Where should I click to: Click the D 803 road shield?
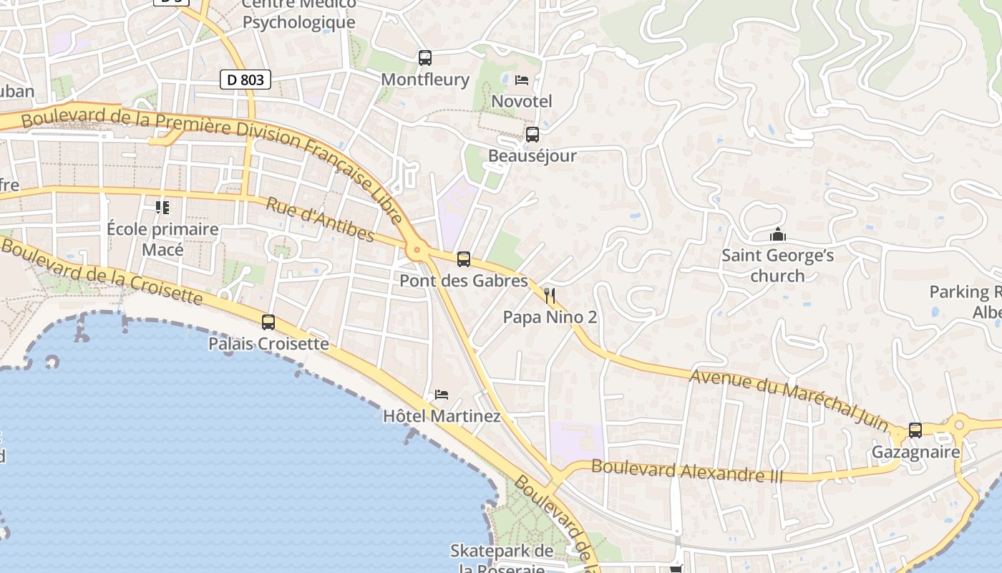[245, 80]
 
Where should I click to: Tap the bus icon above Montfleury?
[425, 58]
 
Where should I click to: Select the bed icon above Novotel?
[522, 80]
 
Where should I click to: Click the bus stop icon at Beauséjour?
[532, 134]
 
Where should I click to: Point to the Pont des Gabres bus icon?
[464, 259]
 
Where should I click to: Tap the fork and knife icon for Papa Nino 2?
[550, 295]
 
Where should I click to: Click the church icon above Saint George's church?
[777, 234]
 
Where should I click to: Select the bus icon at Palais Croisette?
[268, 322]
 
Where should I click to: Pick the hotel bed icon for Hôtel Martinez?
[442, 395]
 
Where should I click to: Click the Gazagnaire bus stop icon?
[915, 430]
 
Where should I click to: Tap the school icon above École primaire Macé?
[162, 208]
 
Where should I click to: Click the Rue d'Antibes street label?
[320, 220]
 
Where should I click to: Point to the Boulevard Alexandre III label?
[687, 471]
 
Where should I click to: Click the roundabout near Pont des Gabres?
[417, 251]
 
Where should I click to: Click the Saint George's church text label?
[777, 265]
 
